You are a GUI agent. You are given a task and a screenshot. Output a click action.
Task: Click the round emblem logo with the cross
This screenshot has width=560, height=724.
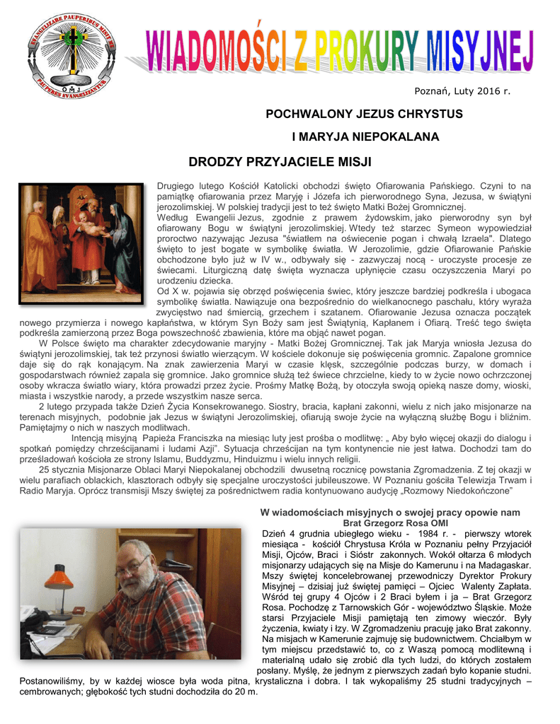click(x=71, y=55)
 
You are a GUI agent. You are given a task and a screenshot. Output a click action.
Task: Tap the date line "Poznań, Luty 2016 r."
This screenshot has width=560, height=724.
click(x=462, y=90)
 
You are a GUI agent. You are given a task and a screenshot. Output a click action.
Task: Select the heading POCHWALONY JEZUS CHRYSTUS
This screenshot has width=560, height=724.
click(x=364, y=114)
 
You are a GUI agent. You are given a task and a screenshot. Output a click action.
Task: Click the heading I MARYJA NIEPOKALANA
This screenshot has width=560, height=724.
click(x=365, y=136)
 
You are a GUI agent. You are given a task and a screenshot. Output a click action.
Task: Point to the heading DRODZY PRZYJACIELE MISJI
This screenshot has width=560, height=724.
click(x=280, y=162)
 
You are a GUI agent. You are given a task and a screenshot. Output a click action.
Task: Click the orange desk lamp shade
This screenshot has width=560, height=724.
click(x=59, y=580)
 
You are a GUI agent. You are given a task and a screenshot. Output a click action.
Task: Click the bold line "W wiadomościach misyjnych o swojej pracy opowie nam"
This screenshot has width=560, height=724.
click(x=390, y=513)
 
